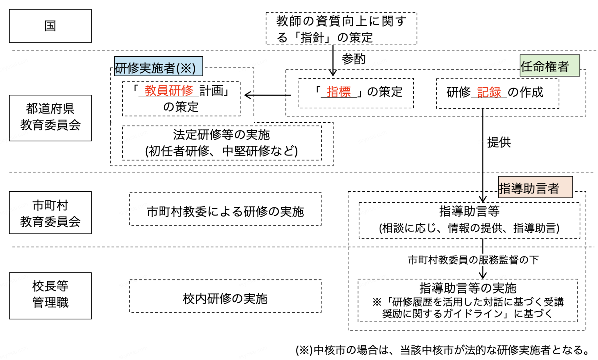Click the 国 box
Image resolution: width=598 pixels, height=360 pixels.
50,26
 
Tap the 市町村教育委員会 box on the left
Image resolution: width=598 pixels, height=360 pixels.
50,213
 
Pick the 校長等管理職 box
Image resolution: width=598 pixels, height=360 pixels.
50,295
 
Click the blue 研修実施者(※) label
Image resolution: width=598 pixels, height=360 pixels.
158,67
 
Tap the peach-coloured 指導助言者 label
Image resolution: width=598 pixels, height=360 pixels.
535,188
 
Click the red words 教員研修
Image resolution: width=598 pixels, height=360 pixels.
169,91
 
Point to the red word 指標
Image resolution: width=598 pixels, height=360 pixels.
339,92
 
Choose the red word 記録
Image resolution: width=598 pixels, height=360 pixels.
489,92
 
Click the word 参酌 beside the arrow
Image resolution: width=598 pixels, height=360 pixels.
354,59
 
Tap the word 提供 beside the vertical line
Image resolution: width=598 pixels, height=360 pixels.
499,142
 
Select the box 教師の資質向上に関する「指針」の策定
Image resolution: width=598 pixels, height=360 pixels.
341,29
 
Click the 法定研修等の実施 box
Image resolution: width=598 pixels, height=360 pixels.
222,143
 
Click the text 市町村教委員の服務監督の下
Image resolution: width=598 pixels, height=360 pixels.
473,260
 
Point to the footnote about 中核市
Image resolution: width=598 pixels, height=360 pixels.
443,350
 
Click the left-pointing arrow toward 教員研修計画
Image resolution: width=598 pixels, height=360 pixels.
267,95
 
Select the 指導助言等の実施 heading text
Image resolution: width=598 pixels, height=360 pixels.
468,288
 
